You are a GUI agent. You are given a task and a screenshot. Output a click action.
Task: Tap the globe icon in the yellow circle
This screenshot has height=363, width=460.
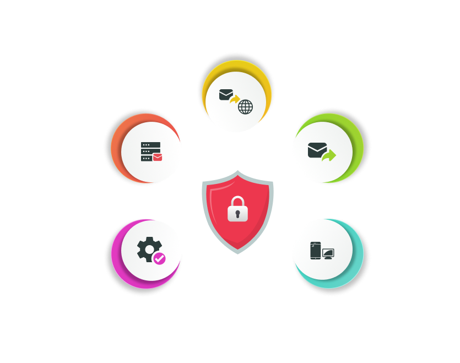tap(245, 107)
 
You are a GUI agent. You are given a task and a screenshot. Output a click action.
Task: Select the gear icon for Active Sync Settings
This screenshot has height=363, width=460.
tap(147, 250)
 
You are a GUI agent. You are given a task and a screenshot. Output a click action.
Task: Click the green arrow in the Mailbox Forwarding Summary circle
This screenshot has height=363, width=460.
tap(329, 156)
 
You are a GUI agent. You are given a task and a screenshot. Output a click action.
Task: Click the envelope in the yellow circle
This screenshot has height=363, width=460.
tap(226, 95)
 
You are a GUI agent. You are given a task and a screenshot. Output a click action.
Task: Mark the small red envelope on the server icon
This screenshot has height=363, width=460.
tap(158, 158)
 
